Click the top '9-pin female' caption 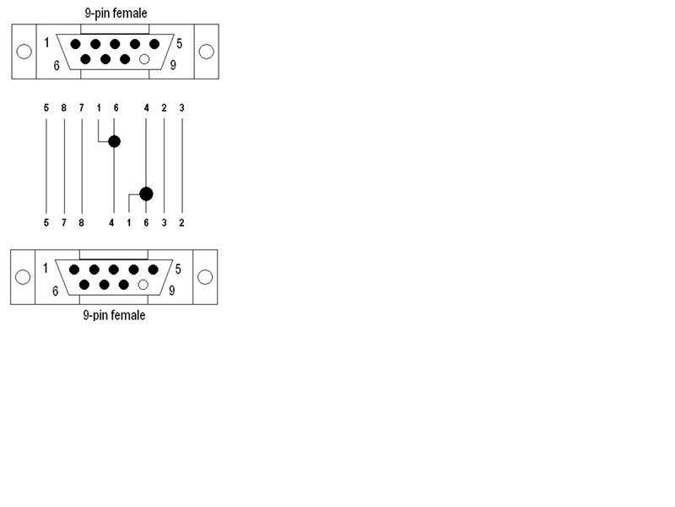[116, 14]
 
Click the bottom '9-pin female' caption [114, 315]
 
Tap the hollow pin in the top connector [144, 59]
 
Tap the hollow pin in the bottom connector [143, 285]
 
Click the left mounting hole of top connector [24, 52]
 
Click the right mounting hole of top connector [206, 52]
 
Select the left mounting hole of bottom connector [23, 277]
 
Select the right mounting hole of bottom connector [205, 277]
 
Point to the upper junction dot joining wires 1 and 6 [114, 141]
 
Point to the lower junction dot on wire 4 [146, 194]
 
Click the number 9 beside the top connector [173, 65]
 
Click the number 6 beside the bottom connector [55, 292]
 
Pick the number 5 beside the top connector [179, 44]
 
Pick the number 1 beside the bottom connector [46, 268]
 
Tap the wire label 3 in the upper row [181, 108]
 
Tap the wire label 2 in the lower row [181, 223]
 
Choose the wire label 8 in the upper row [64, 108]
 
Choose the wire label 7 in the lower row [64, 223]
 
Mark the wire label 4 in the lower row [111, 223]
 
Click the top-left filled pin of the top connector [75, 44]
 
